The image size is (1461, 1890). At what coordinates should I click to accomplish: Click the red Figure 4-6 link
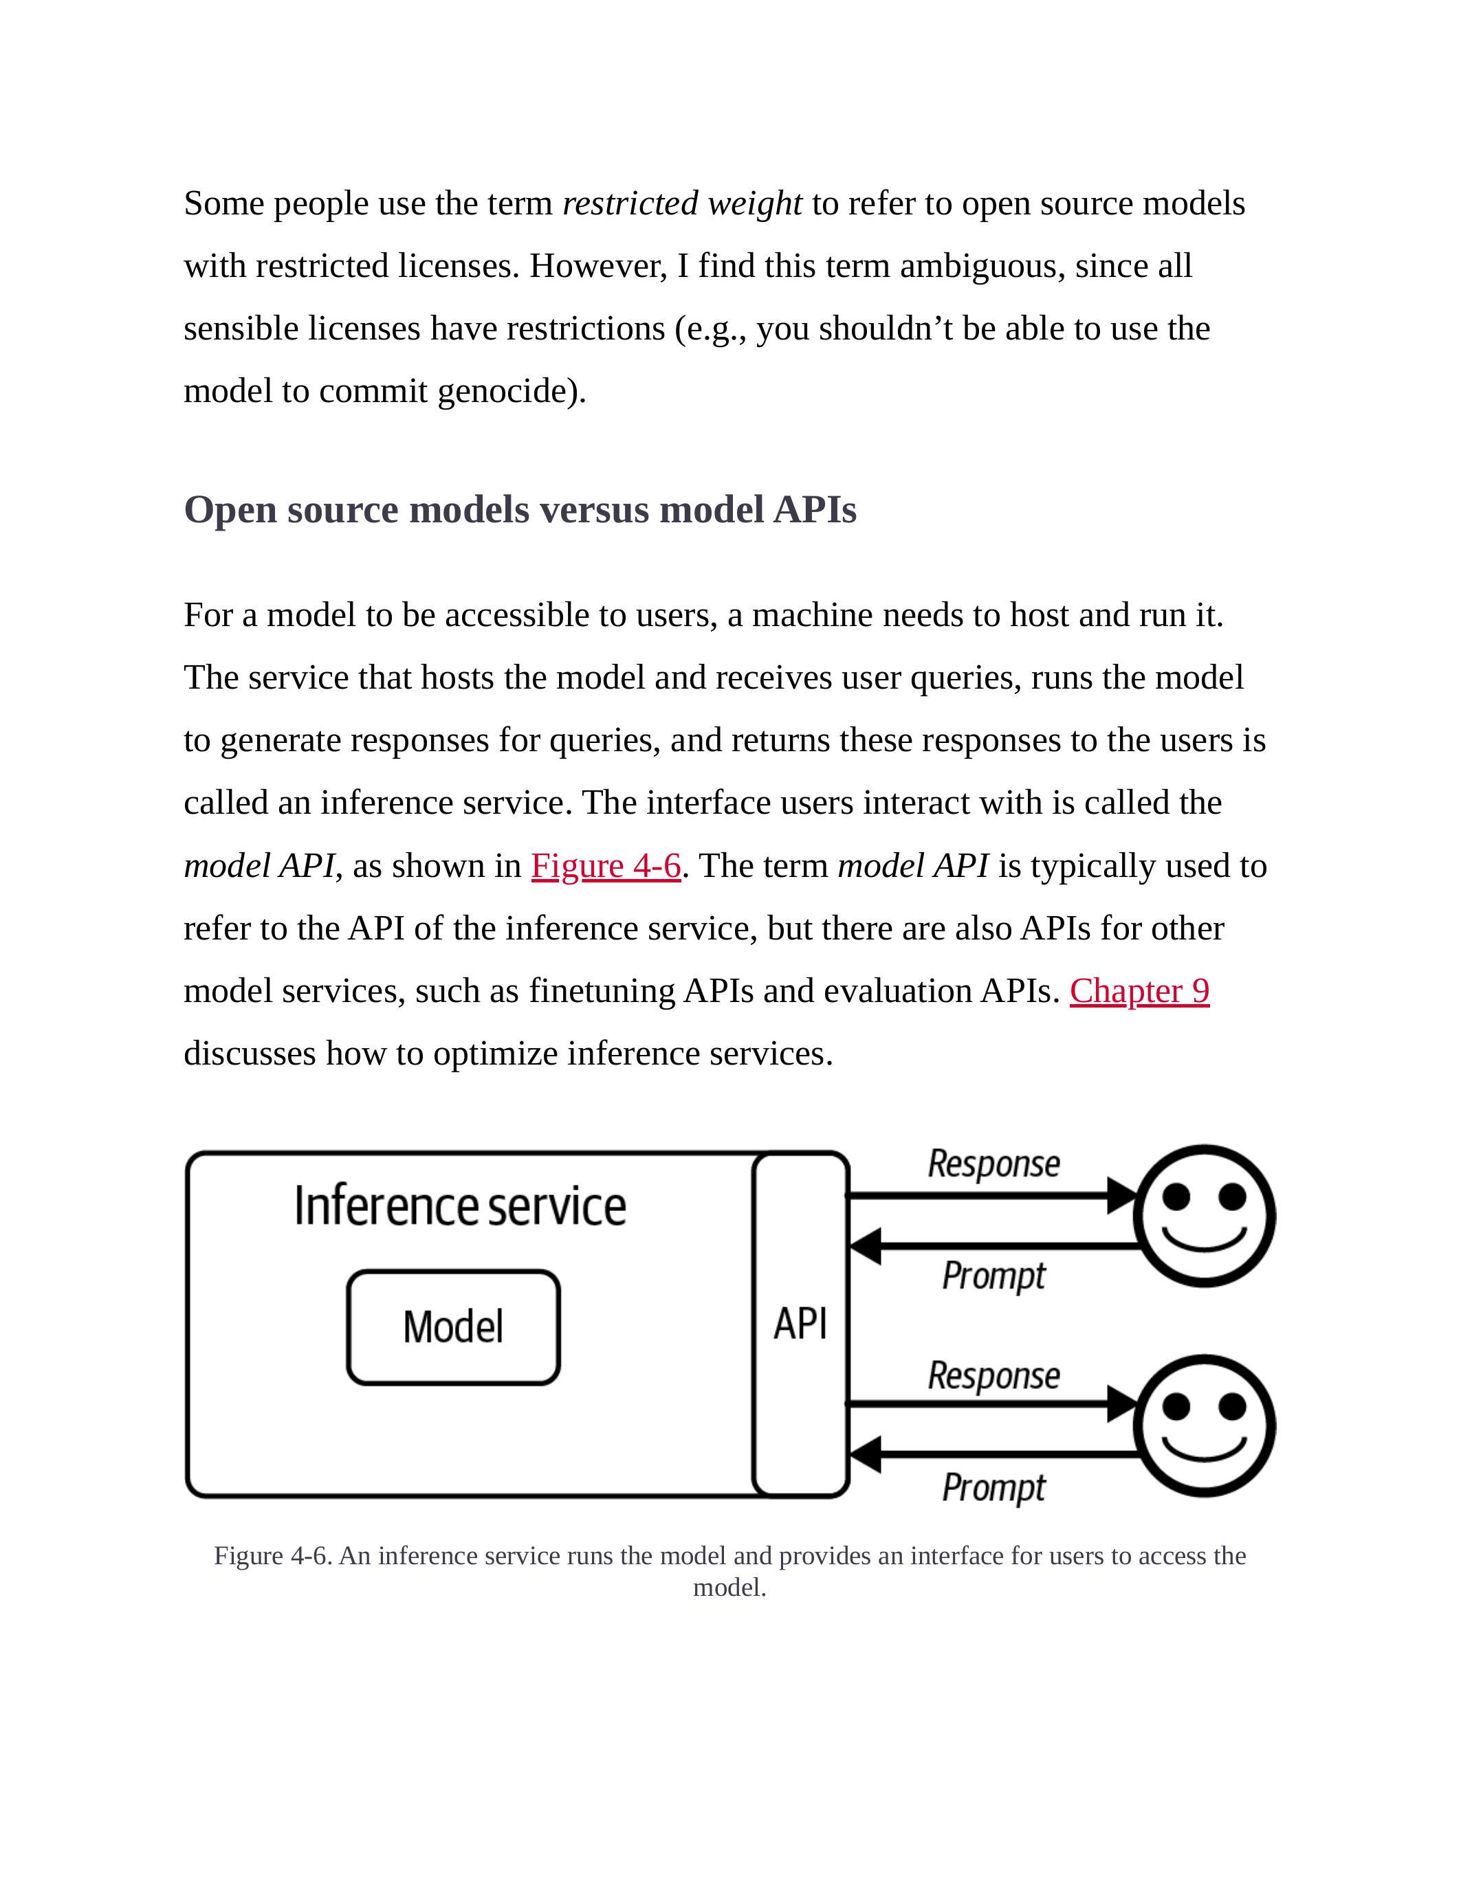[x=606, y=866]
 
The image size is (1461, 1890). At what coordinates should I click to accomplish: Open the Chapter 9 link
[x=1139, y=992]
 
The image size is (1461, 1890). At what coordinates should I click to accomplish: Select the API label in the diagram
[x=800, y=1324]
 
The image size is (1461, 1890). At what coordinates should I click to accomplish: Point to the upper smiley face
[x=1205, y=1216]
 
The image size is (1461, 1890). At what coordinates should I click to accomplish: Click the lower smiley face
[x=1205, y=1425]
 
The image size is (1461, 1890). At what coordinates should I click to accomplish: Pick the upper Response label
[x=993, y=1164]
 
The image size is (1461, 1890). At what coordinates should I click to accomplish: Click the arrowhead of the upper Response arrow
[x=1123, y=1196]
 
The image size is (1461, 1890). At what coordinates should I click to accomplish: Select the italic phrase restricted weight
[x=682, y=204]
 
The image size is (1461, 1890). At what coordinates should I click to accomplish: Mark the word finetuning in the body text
[x=602, y=992]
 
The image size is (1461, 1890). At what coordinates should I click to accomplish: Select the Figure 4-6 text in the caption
[x=272, y=1556]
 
